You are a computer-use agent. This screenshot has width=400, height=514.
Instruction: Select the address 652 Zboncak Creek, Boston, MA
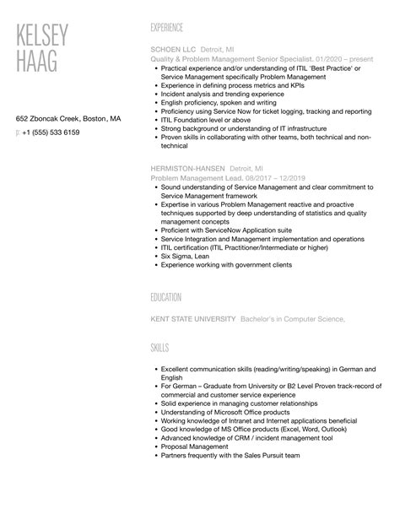(x=68, y=119)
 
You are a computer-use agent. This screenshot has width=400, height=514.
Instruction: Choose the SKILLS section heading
(x=159, y=348)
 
